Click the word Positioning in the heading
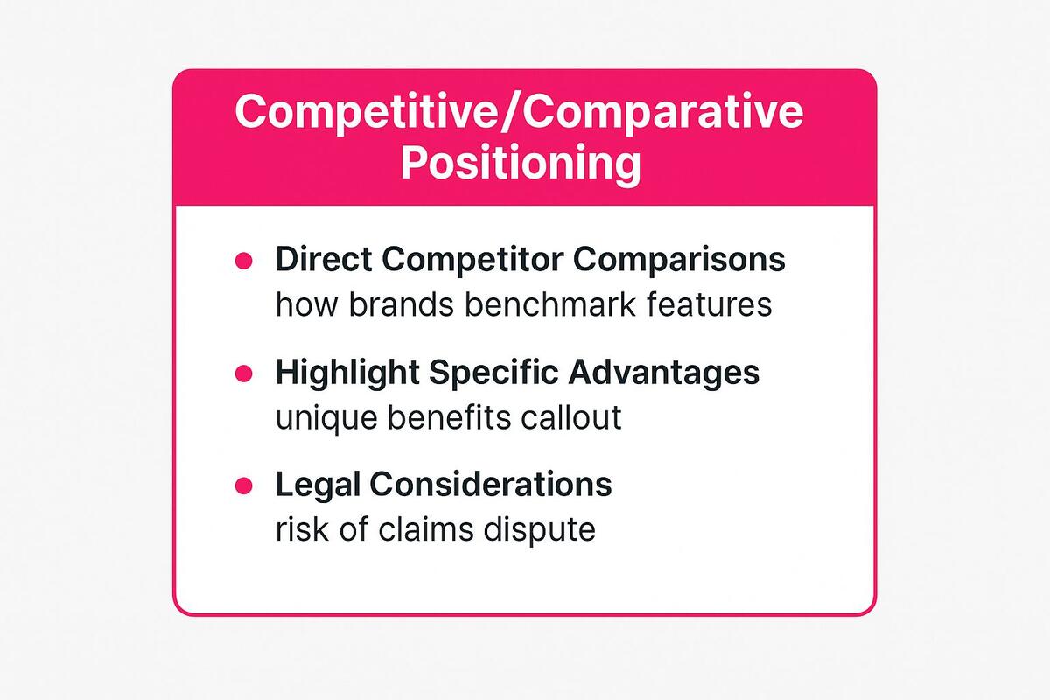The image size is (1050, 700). tap(520, 164)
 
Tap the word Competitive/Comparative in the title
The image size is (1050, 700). tap(520, 114)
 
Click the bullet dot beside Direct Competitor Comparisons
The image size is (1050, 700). tap(243, 261)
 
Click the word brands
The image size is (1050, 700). tap(393, 305)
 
